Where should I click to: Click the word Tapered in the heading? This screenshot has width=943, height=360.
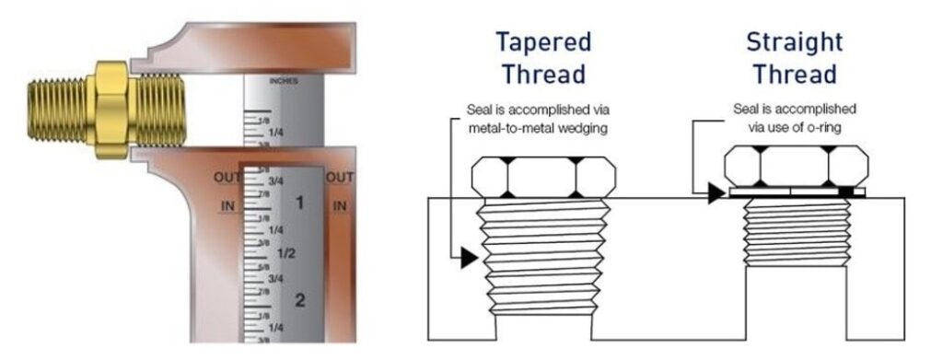(542, 42)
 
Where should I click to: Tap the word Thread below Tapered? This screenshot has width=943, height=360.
(542, 74)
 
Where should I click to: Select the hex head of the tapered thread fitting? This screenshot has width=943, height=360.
(541, 177)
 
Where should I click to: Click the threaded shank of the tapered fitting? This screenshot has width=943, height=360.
(541, 258)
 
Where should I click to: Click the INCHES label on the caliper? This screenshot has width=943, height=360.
(283, 81)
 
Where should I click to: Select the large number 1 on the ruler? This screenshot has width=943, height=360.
(298, 201)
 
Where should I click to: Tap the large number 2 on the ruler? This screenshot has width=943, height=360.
(299, 299)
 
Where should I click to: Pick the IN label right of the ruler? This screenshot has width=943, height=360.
(340, 205)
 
